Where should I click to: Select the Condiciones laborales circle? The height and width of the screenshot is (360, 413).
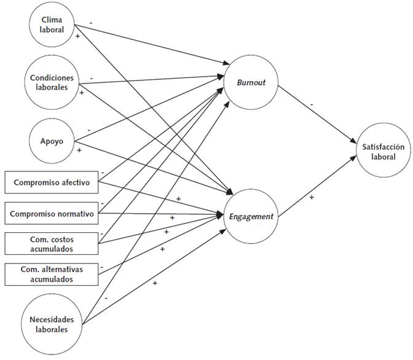[x=51, y=82]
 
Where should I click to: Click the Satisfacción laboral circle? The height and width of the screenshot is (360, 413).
[x=384, y=151]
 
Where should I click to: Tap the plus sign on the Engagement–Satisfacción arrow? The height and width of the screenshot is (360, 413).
[x=311, y=197]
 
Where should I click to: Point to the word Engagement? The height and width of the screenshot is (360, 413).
[x=250, y=216]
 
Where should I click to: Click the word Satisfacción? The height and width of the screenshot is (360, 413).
[x=384, y=146]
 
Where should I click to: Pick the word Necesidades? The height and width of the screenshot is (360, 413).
[x=51, y=319]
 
